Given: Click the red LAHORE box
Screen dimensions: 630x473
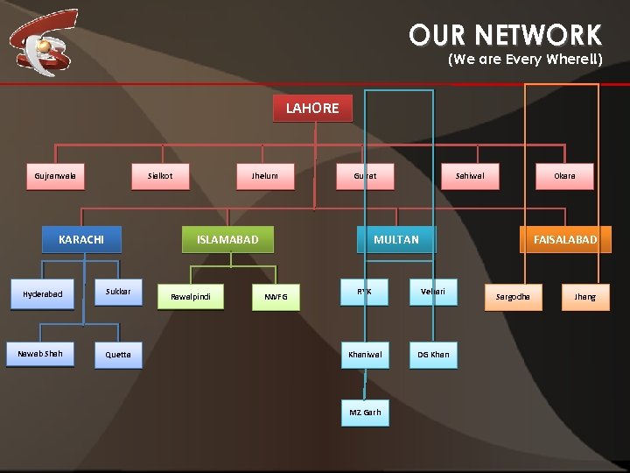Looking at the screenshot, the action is (x=312, y=109).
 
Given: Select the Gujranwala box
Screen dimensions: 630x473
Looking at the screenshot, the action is (x=55, y=176).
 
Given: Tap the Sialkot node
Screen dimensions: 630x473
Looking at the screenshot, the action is (x=160, y=176).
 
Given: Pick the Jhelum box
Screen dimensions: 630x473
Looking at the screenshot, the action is (x=264, y=176).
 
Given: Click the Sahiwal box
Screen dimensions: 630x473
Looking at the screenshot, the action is (x=470, y=176).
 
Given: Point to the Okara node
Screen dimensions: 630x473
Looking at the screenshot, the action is (x=564, y=176).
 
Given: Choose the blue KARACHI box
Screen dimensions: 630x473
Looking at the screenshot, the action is (x=81, y=239).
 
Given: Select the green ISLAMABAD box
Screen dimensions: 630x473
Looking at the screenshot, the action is (x=227, y=239).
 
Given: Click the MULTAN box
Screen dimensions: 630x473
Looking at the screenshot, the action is (x=396, y=239).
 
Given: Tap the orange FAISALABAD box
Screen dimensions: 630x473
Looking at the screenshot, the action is (x=565, y=239).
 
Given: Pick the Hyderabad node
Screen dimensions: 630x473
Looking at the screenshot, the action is (x=43, y=294).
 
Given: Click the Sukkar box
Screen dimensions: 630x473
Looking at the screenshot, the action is (x=118, y=291).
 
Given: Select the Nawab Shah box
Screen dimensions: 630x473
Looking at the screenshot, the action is (x=40, y=353).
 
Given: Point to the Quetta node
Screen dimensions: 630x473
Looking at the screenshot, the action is (x=118, y=355).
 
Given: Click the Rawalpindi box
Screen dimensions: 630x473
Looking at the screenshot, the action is (x=190, y=297).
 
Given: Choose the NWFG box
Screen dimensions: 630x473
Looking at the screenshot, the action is (x=276, y=298).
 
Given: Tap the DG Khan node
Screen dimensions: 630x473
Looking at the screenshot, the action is (x=433, y=355).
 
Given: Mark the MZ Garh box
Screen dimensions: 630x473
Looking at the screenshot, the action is (x=365, y=413).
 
